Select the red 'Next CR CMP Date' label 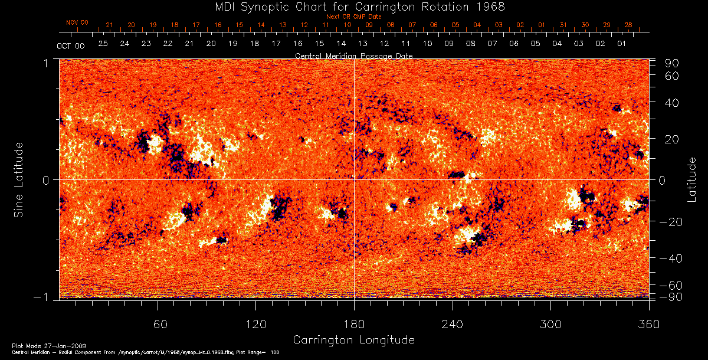tap(353, 17)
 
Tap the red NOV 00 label tap(77, 22)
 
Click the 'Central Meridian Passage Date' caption tap(353, 55)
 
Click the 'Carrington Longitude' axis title tap(353, 340)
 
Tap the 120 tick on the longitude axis tap(256, 324)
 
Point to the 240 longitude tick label tap(453, 324)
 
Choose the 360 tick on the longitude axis tap(649, 324)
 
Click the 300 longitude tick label tap(550, 324)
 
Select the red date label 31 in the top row tap(563, 25)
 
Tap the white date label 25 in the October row tap(103, 44)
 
